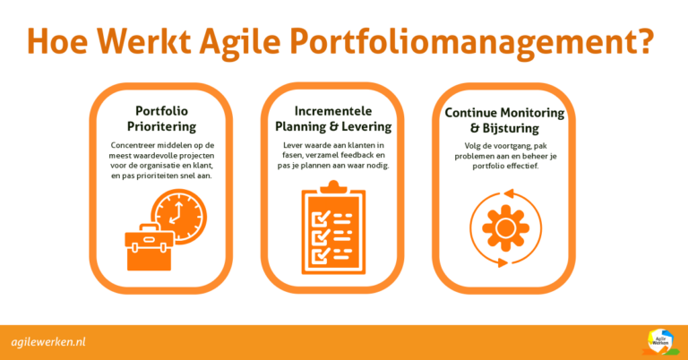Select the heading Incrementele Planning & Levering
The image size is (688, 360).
343,117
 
